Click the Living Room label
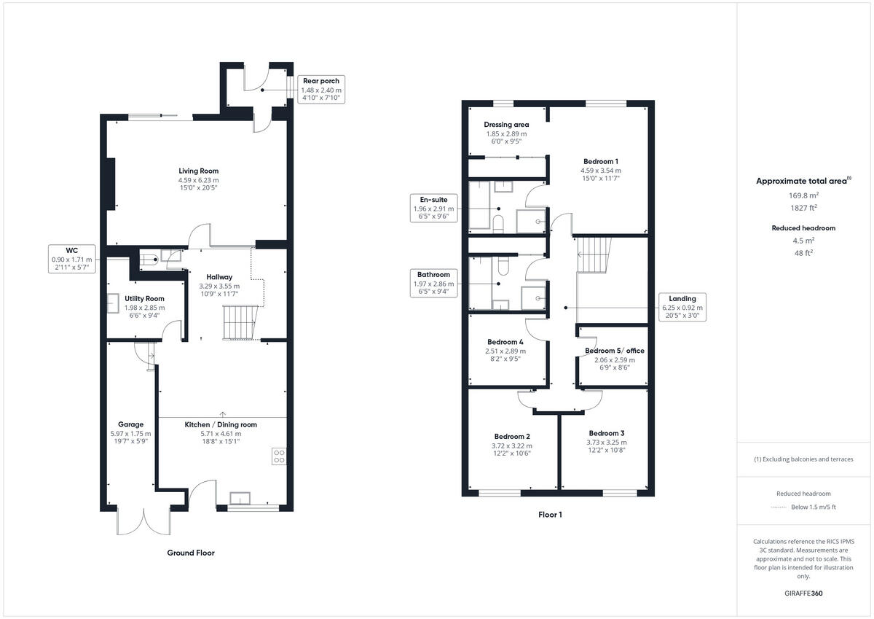pos(198,171)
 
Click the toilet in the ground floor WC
pos(149,259)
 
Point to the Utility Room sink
pos(114,303)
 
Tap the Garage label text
pos(131,424)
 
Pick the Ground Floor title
pos(191,553)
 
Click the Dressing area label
pos(505,125)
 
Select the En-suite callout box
pos(433,207)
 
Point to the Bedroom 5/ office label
pos(614,351)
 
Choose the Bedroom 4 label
pos(505,342)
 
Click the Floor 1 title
pos(550,515)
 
